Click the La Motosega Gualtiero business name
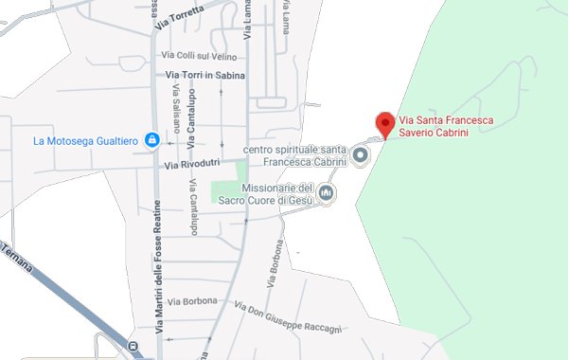tap(85, 141)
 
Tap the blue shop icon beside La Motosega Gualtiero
tap(151, 141)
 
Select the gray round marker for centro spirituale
tap(361, 154)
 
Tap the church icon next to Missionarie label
tap(327, 194)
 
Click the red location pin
tap(384, 124)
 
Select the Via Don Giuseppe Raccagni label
tap(288, 318)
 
